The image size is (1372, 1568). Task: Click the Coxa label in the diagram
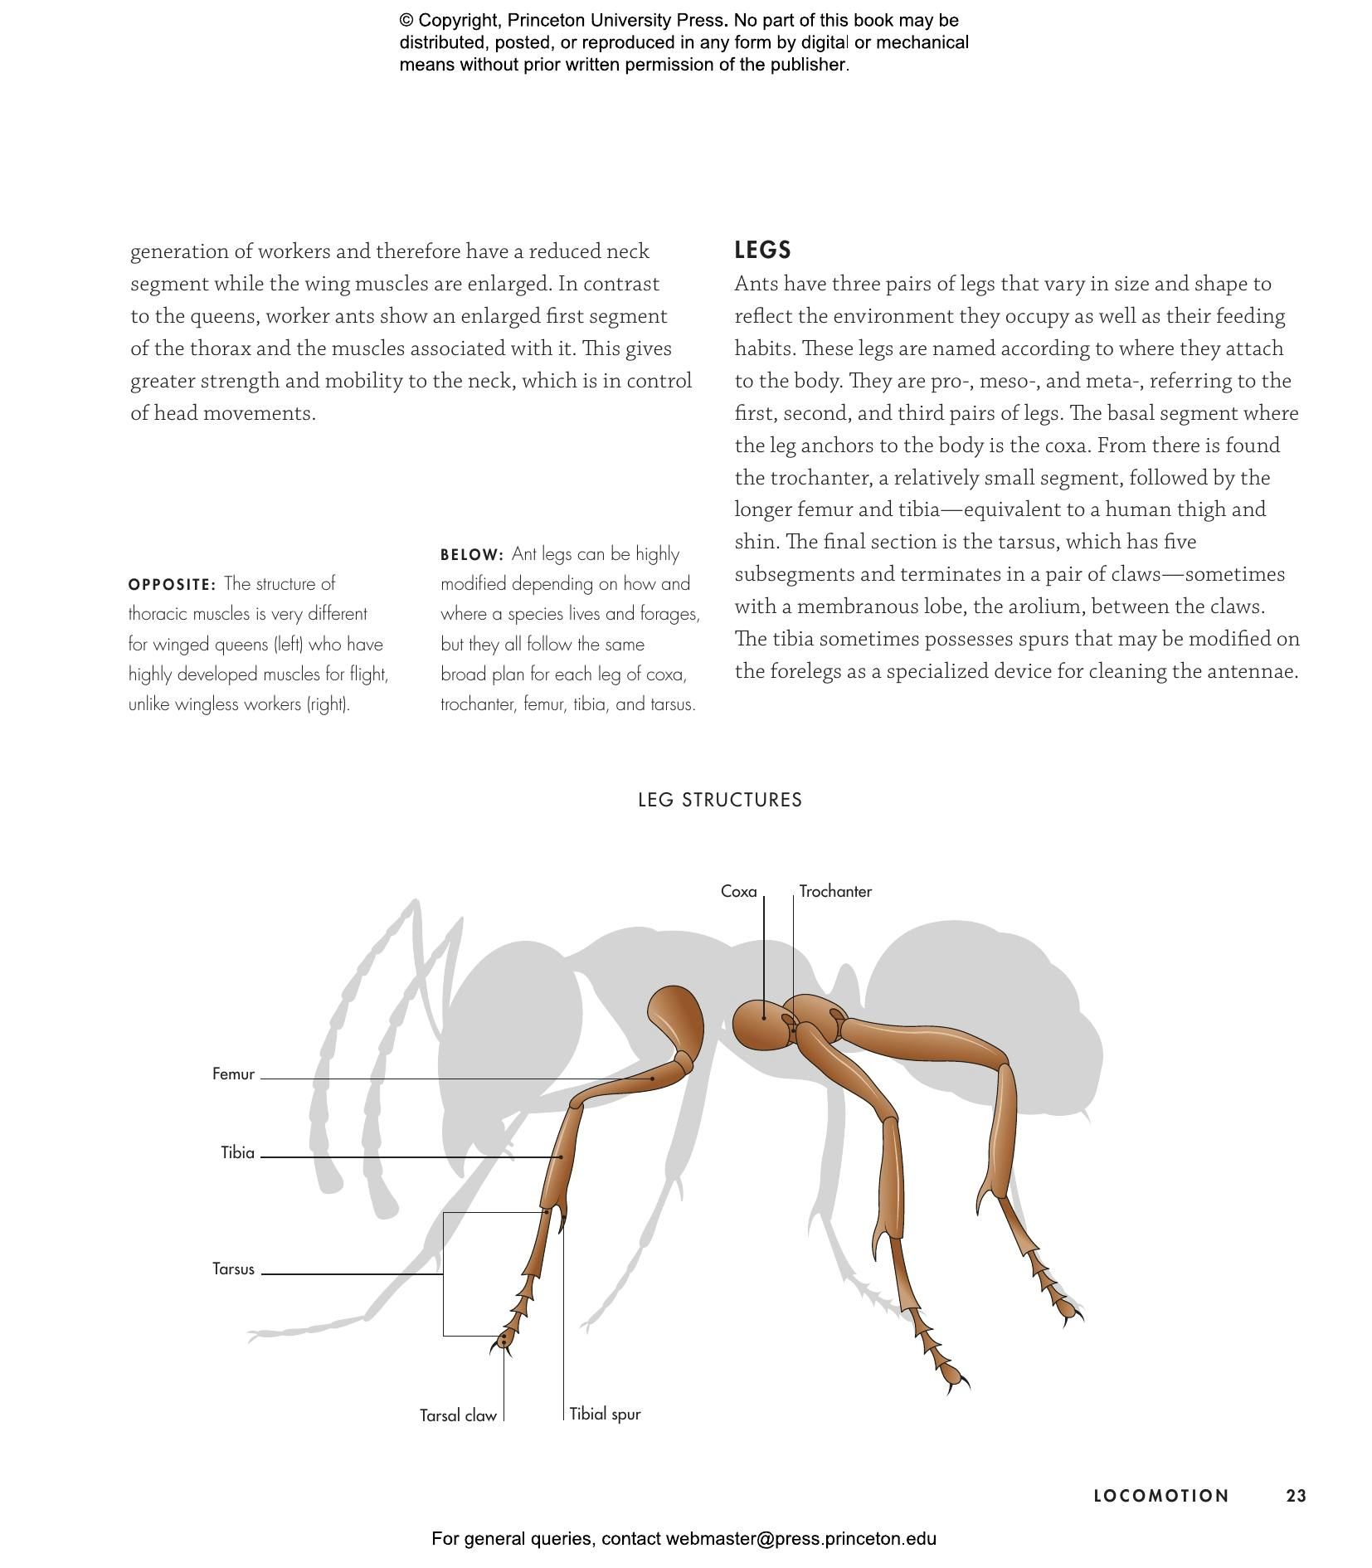pyautogui.click(x=737, y=891)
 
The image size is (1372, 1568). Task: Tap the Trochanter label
pyautogui.click(x=834, y=891)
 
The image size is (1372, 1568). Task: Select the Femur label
pyautogui.click(x=233, y=1074)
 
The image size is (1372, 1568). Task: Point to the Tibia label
pyautogui.click(x=237, y=1152)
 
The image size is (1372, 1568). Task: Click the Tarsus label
pyautogui.click(x=233, y=1269)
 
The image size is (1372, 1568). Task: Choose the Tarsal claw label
pyautogui.click(x=457, y=1415)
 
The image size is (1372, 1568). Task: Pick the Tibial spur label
pyautogui.click(x=605, y=1414)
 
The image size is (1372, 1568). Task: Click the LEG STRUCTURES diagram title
pyautogui.click(x=719, y=800)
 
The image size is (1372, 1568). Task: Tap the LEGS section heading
pyautogui.click(x=762, y=250)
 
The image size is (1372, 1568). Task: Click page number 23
pyautogui.click(x=1296, y=1496)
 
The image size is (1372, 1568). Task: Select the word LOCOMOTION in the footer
pyautogui.click(x=1160, y=1496)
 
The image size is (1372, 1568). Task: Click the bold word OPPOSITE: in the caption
pyautogui.click(x=172, y=584)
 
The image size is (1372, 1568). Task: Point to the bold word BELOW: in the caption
pyautogui.click(x=471, y=554)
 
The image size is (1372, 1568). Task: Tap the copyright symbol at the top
pyautogui.click(x=406, y=21)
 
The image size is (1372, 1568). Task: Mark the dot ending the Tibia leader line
pyautogui.click(x=561, y=1157)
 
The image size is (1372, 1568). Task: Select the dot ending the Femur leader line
pyautogui.click(x=653, y=1079)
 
